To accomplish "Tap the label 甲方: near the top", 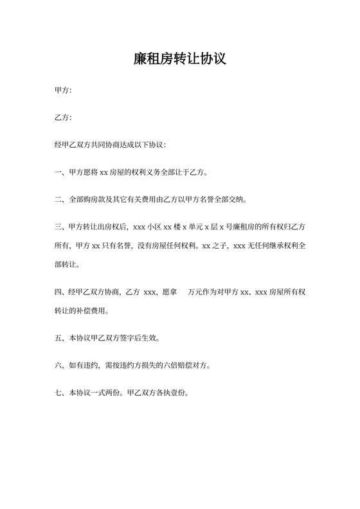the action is tap(63, 91).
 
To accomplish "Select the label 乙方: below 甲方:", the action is tap(63, 118).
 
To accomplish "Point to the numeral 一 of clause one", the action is tap(59, 172).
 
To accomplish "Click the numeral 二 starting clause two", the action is tap(59, 199).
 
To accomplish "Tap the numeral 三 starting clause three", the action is tap(59, 227).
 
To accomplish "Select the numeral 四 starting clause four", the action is tap(59, 292).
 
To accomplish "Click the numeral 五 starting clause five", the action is tap(59, 337).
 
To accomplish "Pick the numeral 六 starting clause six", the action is tap(59, 365).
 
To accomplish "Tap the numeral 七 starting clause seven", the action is tap(59, 392).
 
